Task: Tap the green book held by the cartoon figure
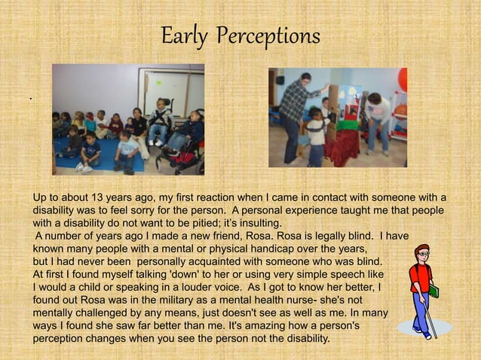click(x=434, y=291)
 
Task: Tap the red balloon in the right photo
click(x=403, y=78)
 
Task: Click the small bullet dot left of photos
click(x=31, y=99)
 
